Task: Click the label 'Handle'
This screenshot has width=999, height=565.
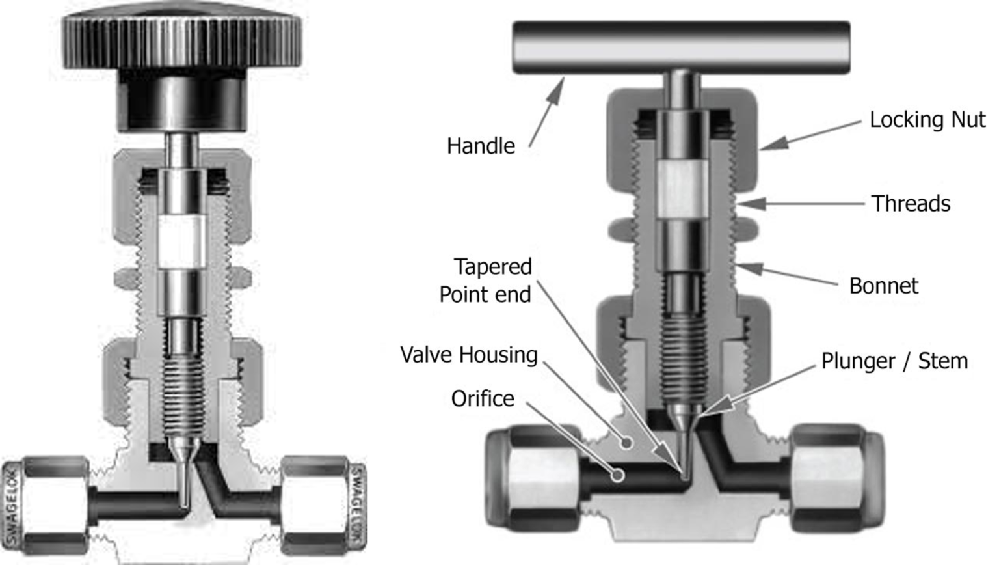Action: [x=480, y=146]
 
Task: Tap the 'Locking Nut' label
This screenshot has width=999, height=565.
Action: [x=927, y=120]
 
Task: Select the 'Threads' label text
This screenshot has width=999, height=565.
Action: [x=911, y=204]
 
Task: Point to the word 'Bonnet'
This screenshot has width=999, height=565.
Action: [x=883, y=286]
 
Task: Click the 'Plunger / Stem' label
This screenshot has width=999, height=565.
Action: [x=894, y=361]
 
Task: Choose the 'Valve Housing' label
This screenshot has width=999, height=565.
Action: [x=468, y=355]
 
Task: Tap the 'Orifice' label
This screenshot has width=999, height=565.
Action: [x=482, y=398]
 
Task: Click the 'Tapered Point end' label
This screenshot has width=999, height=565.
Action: [x=486, y=281]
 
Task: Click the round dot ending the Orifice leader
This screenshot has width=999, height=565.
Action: [x=619, y=475]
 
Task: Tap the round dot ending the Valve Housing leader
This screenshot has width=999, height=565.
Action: [x=626, y=443]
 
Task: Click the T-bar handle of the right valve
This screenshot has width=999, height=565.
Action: [x=680, y=47]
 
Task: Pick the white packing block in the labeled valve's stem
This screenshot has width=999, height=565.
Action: [x=680, y=189]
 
